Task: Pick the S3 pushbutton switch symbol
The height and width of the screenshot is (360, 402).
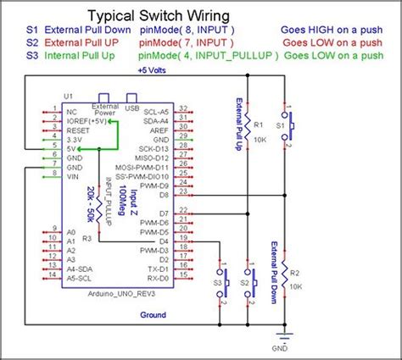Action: coord(223,280)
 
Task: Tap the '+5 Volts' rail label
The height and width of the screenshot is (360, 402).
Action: coord(152,70)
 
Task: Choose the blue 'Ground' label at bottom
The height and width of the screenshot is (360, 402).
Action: coord(152,314)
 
